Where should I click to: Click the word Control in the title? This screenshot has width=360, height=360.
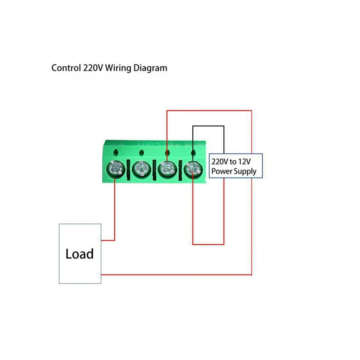point(66,68)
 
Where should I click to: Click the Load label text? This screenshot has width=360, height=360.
point(79,254)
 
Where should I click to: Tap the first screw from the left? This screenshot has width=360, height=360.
point(116,169)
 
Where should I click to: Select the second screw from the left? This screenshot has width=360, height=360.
point(141,169)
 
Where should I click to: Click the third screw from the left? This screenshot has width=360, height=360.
point(167,169)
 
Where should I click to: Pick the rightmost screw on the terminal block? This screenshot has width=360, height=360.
point(193,169)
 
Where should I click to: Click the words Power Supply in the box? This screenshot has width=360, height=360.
point(234,172)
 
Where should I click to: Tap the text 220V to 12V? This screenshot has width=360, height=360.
point(231,161)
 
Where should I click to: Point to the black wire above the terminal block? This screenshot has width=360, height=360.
point(208,126)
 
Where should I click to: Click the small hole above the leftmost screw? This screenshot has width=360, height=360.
point(116,152)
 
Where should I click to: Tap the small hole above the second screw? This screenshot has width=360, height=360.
point(141,152)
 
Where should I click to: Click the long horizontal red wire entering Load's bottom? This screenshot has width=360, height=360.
point(176,274)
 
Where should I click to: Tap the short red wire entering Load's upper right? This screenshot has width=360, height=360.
point(108,240)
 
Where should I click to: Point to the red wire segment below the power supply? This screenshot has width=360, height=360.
point(208,244)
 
